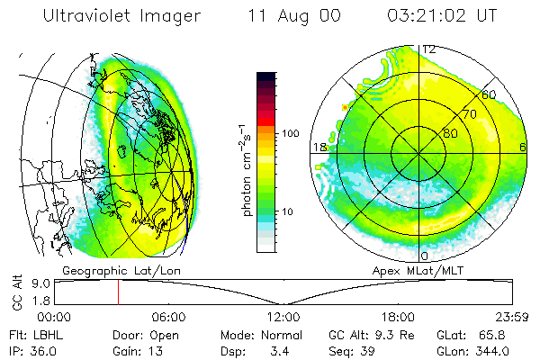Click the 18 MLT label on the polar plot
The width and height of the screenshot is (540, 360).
(318, 148)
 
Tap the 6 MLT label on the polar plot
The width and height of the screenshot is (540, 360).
(522, 148)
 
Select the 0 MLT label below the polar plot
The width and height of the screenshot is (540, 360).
(424, 256)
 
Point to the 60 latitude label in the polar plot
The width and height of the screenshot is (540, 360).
(489, 94)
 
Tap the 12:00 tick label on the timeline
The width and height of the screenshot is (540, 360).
(283, 317)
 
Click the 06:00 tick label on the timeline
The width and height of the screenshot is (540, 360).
(168, 317)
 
